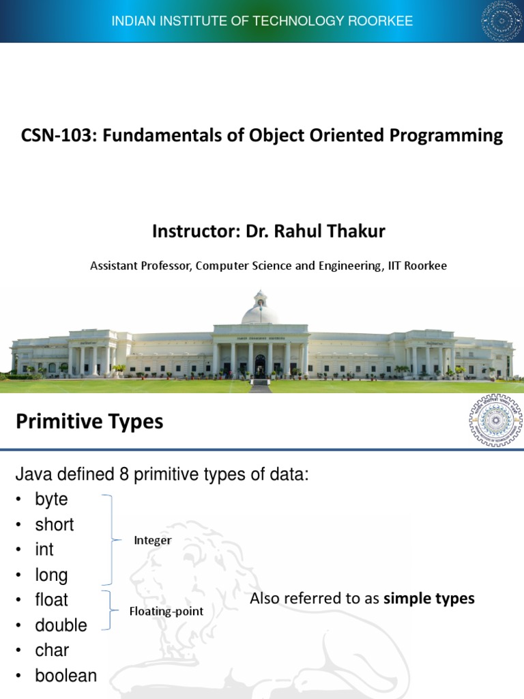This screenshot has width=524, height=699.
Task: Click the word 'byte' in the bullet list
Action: click(x=51, y=500)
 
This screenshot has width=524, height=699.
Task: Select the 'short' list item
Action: click(x=54, y=525)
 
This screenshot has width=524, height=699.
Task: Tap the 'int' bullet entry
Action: click(x=44, y=550)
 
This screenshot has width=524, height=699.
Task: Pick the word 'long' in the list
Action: click(x=51, y=575)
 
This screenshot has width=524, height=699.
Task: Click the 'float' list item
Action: click(x=51, y=600)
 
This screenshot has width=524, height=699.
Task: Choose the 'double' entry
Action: click(x=61, y=625)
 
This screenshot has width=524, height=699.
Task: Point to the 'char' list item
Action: click(x=52, y=650)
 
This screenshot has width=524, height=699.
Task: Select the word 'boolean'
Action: click(x=65, y=676)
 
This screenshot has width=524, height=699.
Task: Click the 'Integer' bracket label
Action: click(x=153, y=541)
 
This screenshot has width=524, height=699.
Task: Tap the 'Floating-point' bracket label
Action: click(x=166, y=612)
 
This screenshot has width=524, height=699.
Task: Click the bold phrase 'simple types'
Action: click(x=429, y=599)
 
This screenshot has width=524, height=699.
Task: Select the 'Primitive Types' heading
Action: click(x=89, y=422)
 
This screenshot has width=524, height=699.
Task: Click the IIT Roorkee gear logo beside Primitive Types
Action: click(x=495, y=420)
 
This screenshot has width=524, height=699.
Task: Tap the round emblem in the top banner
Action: click(x=501, y=21)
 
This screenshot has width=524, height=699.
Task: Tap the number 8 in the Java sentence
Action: click(x=123, y=474)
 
